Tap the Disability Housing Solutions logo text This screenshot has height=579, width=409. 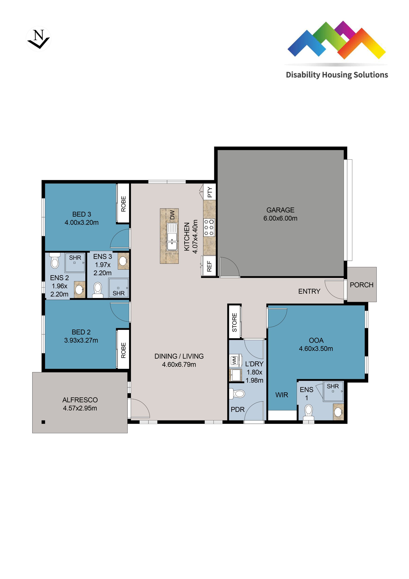pos(337,75)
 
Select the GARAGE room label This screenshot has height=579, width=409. pos(280,210)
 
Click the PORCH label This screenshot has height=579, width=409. pos(361,285)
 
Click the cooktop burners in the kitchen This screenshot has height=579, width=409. pos(209,228)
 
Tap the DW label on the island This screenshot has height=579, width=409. pos(172,215)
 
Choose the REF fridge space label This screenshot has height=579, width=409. pos(209,266)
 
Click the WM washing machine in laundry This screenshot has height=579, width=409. pos(234,360)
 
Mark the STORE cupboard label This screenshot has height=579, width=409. pos(234,322)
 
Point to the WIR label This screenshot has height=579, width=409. pos(281,395)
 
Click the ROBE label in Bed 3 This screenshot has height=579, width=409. pos(123,204)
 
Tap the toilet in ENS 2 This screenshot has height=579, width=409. pos(55,261)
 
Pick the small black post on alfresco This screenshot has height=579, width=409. pos(43,422)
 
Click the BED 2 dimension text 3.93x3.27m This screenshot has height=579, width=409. pos(81,340)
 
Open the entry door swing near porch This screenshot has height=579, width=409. pos(334,289)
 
